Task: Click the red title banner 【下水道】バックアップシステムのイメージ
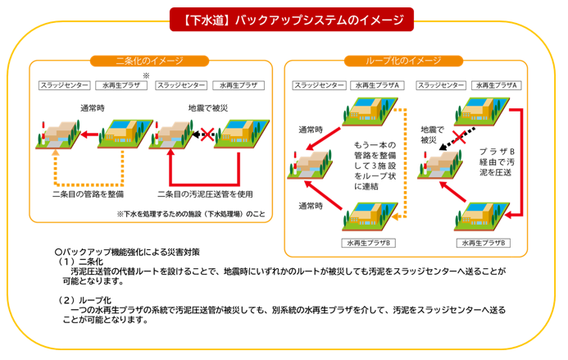pos(292,20)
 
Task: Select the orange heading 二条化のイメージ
pos(149,61)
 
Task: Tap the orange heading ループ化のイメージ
pos(403,61)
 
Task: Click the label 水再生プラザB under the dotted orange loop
pos(368,243)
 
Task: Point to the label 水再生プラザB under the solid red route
pos(484,243)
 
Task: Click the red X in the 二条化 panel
pos(207,134)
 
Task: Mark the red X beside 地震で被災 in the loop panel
pos(459,137)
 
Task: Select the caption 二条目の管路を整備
pos(88,194)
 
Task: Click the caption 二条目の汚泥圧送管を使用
pos(205,194)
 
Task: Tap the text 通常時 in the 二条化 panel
pos(93,108)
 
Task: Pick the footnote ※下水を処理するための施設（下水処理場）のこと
pos(191,214)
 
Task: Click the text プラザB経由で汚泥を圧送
pos(497,162)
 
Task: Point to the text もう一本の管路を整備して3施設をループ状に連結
pos(375,166)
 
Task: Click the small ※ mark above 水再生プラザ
pos(146,75)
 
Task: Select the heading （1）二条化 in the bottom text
pos(80,262)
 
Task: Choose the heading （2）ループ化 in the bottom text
pos(84,300)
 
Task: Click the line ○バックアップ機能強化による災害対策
pos(127,253)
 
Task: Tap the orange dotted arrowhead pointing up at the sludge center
pos(56,153)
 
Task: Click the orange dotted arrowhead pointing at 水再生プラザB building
pos(395,216)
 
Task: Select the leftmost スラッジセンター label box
pos(65,85)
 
